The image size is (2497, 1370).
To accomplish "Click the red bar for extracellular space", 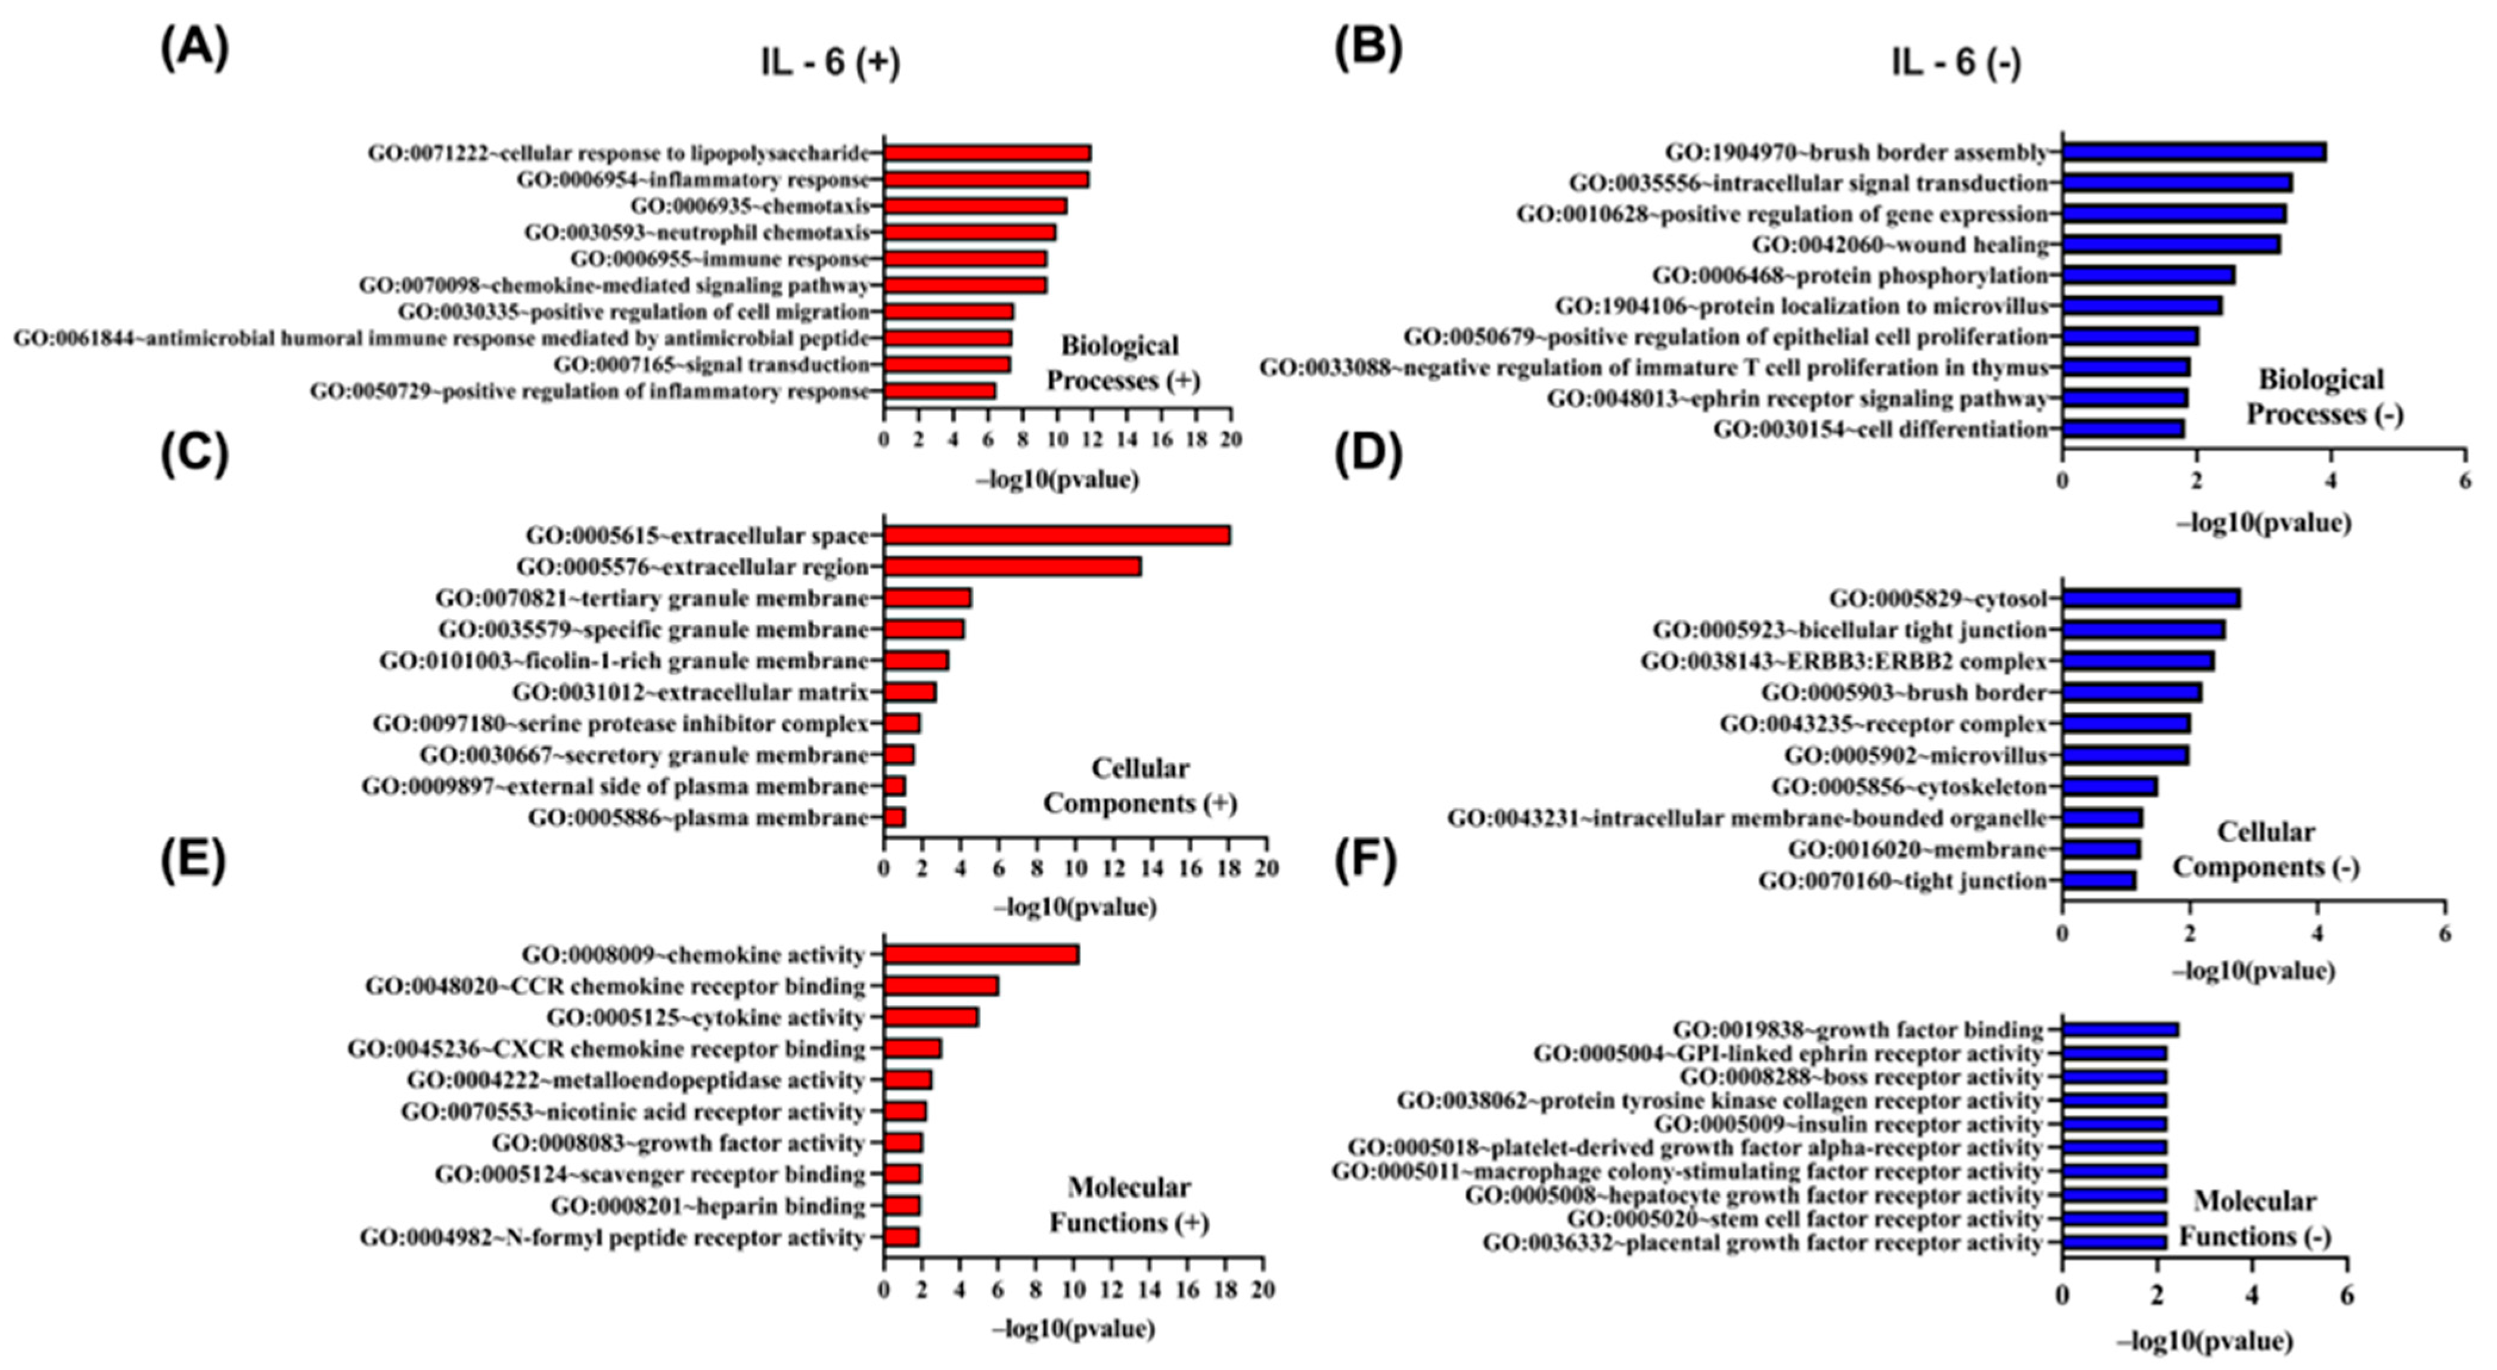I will [1057, 535].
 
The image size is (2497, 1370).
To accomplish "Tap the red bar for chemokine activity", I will [981, 955].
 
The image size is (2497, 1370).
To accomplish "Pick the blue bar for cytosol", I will [2151, 598].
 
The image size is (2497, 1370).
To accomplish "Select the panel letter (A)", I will [194, 48].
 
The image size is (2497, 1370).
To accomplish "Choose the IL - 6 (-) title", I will [1956, 63].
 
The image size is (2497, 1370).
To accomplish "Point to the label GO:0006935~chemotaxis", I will [750, 206].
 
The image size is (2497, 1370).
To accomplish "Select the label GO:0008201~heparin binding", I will [707, 1206].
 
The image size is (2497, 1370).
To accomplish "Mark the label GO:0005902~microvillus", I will [1915, 755].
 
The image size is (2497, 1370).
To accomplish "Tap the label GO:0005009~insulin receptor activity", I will [1847, 1124].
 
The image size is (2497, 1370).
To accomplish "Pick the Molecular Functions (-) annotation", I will [2254, 1219].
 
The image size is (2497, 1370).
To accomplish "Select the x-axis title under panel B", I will [2263, 524].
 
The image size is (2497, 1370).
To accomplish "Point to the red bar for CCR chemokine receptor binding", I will [940, 986].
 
